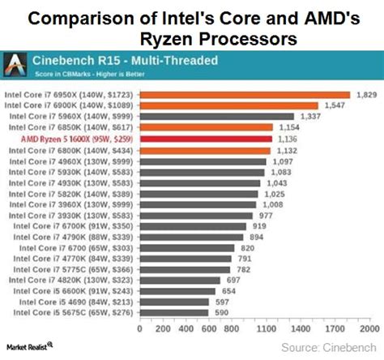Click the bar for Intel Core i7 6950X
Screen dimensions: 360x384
(245, 95)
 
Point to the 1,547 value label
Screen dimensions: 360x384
(332, 105)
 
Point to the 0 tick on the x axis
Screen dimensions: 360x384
(139, 330)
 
